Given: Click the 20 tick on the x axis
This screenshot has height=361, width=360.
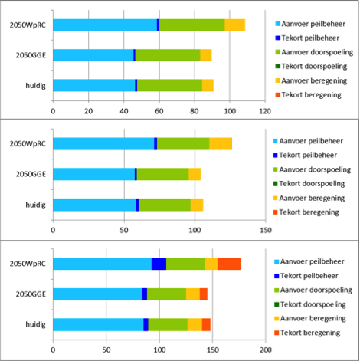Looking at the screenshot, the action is click(x=89, y=111).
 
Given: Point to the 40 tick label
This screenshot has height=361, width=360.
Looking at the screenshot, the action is click(x=124, y=111).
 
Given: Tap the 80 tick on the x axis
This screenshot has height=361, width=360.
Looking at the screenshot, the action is click(x=195, y=111).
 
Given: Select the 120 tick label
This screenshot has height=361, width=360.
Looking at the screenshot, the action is click(x=265, y=111).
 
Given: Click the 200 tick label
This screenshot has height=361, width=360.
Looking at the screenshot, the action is click(x=266, y=350).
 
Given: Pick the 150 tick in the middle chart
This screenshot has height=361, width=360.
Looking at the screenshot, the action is click(x=266, y=230).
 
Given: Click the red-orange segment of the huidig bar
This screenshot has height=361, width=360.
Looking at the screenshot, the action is click(x=206, y=324).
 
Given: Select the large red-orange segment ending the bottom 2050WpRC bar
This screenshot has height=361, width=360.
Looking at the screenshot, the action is click(x=229, y=264).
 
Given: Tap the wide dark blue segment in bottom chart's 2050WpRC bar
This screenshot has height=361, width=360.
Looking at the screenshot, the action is click(x=159, y=264).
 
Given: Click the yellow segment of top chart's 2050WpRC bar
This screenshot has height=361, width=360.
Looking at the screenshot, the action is click(x=235, y=25).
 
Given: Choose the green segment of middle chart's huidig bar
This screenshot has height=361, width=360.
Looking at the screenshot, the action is click(x=165, y=205).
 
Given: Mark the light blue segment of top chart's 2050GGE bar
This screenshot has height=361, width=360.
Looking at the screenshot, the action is click(x=93, y=55).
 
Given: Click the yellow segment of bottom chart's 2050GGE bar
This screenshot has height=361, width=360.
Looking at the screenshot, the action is click(x=193, y=294).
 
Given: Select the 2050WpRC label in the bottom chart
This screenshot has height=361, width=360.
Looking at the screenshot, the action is click(x=28, y=264).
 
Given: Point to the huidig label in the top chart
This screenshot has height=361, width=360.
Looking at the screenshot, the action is click(x=35, y=85).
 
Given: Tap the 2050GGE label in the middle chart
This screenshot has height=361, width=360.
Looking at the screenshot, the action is click(x=31, y=174).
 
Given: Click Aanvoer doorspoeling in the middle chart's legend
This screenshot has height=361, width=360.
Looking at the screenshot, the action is click(x=315, y=169).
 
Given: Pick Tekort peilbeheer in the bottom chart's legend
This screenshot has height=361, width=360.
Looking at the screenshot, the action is click(x=309, y=276).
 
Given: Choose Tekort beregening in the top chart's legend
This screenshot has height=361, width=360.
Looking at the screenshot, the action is click(x=312, y=95).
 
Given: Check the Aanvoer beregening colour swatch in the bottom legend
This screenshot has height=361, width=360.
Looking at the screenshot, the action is click(x=277, y=319).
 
